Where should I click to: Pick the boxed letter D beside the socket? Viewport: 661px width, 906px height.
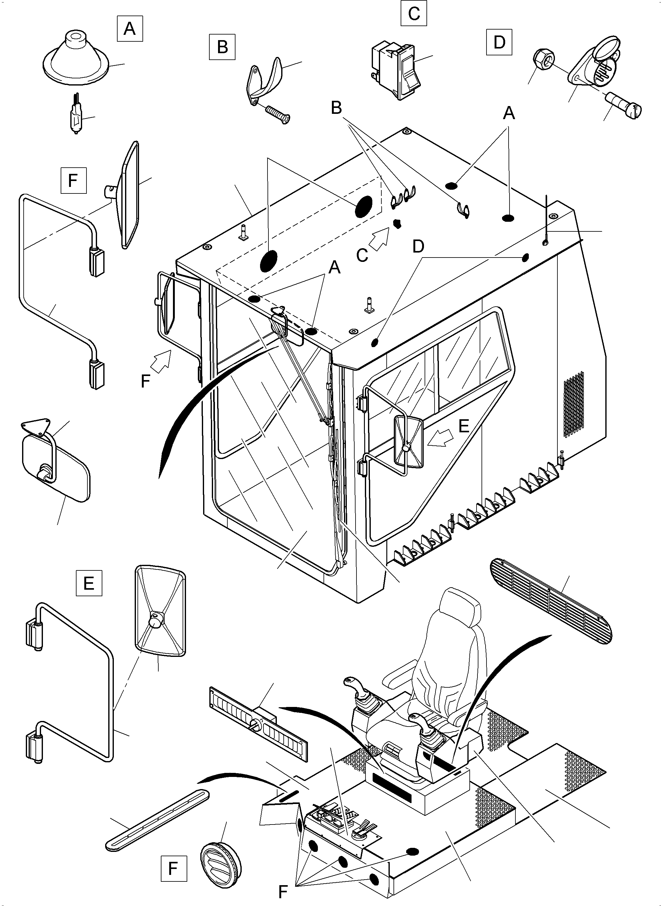coord(499,42)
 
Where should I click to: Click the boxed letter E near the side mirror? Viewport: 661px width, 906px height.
coord(89,583)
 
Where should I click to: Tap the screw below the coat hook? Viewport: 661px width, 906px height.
coord(276,114)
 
